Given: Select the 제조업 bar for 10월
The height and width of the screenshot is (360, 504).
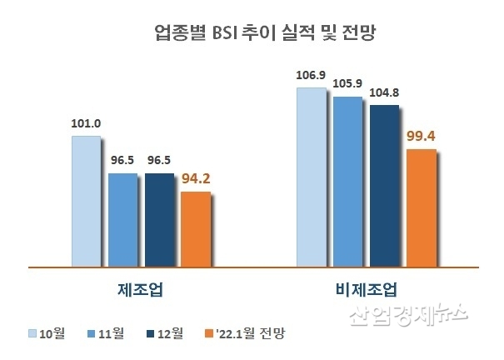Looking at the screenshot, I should [x=86, y=201].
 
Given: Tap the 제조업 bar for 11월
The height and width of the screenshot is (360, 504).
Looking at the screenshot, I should [x=123, y=220].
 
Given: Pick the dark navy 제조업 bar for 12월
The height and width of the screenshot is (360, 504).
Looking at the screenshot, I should [x=160, y=220].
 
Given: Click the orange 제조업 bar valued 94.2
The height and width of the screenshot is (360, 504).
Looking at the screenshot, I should [x=197, y=229].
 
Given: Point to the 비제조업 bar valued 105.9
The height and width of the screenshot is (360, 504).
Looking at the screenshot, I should [x=347, y=182].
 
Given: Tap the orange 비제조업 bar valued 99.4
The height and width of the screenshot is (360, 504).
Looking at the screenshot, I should [x=420, y=208].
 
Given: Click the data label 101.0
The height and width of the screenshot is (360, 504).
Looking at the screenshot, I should [x=86, y=124].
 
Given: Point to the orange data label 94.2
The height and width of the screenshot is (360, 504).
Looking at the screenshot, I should [x=197, y=177].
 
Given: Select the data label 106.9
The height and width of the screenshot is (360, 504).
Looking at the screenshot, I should [x=311, y=76].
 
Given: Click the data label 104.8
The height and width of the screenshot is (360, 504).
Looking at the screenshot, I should [x=383, y=93].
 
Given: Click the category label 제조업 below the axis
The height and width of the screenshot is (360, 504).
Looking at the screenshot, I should [x=140, y=290].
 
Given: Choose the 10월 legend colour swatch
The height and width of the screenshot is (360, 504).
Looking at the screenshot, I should [x=34, y=333].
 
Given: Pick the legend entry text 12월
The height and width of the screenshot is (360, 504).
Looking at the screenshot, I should [x=175, y=333].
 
